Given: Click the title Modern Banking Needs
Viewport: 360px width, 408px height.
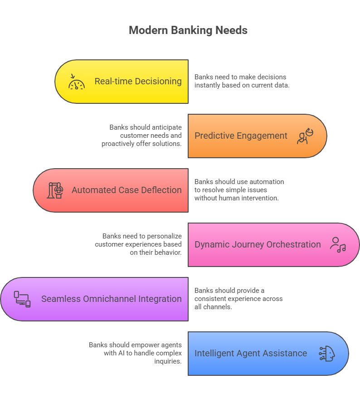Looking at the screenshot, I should [x=188, y=30].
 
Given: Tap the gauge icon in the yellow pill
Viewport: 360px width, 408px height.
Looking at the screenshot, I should [x=77, y=82].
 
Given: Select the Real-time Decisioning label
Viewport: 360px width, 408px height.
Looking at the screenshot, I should [x=138, y=82].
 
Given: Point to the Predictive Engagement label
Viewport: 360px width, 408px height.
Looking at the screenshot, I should [x=241, y=136].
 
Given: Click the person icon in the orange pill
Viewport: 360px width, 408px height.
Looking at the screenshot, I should [x=305, y=136].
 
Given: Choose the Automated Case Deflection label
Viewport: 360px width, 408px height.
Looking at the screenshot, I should [x=126, y=190].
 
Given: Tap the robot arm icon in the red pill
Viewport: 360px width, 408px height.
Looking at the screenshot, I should [x=55, y=190].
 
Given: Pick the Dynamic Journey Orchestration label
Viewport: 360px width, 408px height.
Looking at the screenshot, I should [x=258, y=245].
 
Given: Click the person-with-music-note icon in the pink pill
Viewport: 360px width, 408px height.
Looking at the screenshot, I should [x=337, y=245].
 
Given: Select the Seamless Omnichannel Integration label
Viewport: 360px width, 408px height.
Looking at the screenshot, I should [x=111, y=299].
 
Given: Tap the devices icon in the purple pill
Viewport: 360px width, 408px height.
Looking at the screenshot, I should [x=22, y=299].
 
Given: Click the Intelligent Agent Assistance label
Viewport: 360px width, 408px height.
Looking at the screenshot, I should [x=251, y=354].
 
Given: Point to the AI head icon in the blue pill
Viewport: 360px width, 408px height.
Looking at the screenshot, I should [x=327, y=354].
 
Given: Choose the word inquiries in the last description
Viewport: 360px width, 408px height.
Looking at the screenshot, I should [x=168, y=361].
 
